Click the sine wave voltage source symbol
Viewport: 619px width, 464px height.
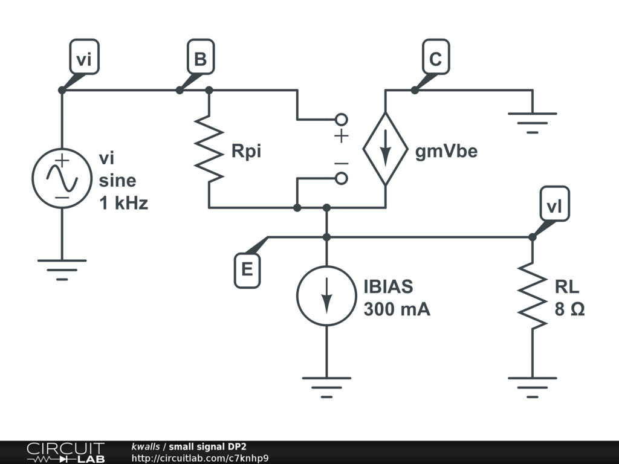(62, 179)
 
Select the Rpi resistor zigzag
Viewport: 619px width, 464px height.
(209, 151)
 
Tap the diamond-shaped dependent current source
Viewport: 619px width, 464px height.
(385, 149)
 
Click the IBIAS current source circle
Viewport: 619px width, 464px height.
(326, 296)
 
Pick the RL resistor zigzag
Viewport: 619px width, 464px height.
(533, 296)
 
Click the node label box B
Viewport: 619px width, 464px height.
(200, 59)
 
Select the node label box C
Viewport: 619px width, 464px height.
(435, 59)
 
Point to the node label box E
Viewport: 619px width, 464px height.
(247, 270)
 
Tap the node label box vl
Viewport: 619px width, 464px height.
(554, 207)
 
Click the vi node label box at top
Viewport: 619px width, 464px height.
(84, 59)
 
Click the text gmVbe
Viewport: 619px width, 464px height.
(446, 151)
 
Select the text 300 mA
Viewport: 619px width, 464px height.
(397, 309)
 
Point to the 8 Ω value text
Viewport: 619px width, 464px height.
(569, 309)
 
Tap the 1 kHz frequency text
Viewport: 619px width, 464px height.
(123, 203)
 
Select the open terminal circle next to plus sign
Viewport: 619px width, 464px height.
(342, 118)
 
